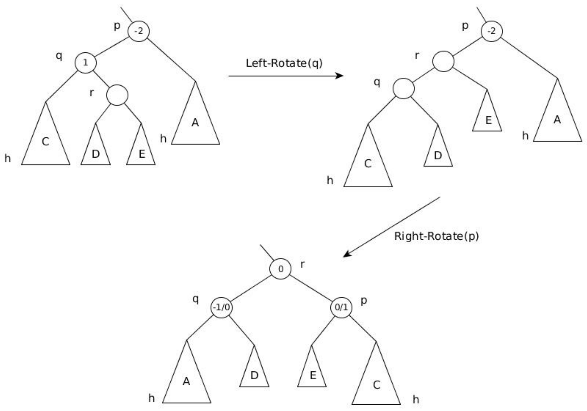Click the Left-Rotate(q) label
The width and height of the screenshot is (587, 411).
click(284, 63)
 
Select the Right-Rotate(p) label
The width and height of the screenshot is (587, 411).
click(436, 236)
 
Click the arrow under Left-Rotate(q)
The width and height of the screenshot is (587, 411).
click(286, 76)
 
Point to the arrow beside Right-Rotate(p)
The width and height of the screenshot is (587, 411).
click(392, 227)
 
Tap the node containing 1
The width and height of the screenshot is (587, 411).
click(86, 63)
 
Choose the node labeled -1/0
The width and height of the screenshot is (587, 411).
click(221, 307)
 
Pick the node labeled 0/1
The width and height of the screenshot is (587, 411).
click(341, 307)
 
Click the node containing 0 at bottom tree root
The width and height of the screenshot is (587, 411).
click(281, 269)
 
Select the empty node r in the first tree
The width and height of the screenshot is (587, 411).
click(117, 95)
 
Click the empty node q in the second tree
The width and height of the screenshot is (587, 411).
click(404, 89)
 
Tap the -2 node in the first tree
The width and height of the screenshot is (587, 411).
click(139, 31)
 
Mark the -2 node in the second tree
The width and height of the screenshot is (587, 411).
click(492, 31)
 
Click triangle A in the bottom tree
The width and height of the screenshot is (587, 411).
click(187, 380)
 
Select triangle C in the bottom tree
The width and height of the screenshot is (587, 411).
click(376, 382)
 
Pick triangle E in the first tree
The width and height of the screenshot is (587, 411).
click(141, 152)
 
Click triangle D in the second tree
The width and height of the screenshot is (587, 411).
click(438, 153)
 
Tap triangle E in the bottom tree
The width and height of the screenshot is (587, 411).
click(312, 374)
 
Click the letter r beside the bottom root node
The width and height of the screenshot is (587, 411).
click(302, 264)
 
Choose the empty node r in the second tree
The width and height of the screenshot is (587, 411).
click(443, 61)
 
